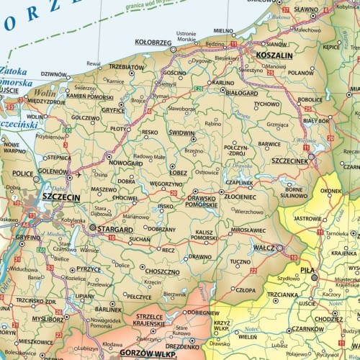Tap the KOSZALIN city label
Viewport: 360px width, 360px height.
274,55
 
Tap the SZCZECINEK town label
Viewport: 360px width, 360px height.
290,161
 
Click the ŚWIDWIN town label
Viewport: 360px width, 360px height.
181,133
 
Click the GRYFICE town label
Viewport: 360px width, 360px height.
113,111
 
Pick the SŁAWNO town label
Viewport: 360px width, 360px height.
305,8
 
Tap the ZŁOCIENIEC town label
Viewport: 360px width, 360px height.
240,197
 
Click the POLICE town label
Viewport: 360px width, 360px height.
24,174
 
